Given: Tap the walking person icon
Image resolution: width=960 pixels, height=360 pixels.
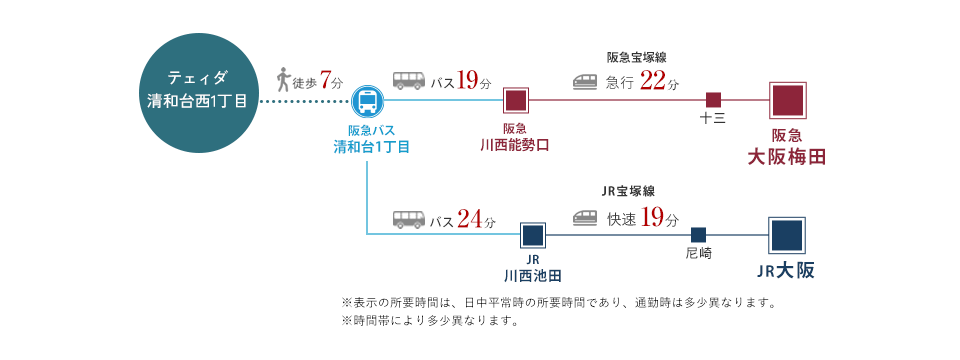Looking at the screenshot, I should coord(284,80).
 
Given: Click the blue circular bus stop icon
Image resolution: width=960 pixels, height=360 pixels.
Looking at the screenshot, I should coord(368,101).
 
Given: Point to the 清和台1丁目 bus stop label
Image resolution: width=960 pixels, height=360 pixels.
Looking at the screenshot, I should coord(370,147).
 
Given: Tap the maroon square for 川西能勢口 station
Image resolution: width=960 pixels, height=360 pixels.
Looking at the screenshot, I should coord(516,101).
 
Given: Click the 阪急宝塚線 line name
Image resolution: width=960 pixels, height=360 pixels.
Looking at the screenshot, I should coord(636,57).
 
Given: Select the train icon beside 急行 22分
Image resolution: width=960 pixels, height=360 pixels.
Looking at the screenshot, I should coord(585,82).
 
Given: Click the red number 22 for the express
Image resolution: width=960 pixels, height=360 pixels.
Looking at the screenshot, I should coord(652,81).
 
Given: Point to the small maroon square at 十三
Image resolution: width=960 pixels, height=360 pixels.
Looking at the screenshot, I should coord(713,100).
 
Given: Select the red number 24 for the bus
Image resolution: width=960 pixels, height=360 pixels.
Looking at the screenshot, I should coord(470,219).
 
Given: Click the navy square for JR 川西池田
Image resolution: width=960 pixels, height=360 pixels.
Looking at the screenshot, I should coord(533,235).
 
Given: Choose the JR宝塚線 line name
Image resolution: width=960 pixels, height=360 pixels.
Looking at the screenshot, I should coord(628,191).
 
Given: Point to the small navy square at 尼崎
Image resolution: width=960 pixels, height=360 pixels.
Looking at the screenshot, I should coord(699,234).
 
